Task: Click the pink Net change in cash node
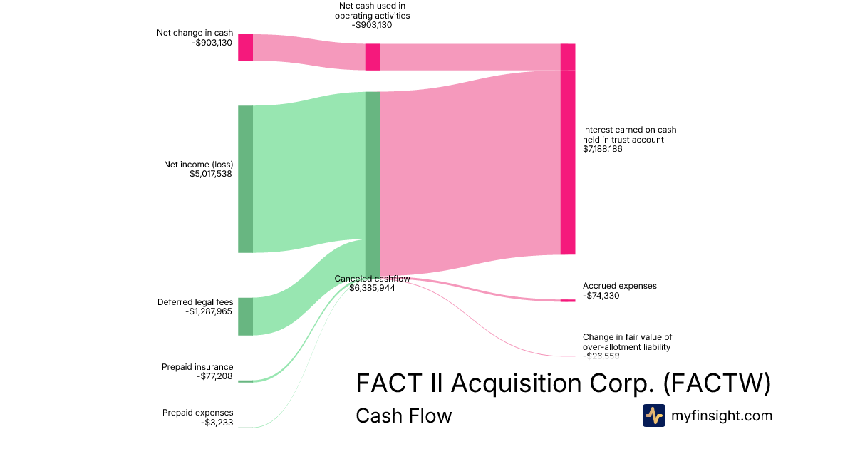pos(245,47)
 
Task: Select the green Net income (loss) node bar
pos(245,179)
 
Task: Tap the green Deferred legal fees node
pos(245,316)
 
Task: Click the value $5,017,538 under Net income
pos(211,174)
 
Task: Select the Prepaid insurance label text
pos(197,367)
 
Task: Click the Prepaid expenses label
pos(197,413)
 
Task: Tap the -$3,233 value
pos(217,423)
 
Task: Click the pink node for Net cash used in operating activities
pos(372,57)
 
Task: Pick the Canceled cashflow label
pos(372,279)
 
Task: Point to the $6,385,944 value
pos(372,288)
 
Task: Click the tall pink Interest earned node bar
pos(567,162)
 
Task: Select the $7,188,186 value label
pos(603,150)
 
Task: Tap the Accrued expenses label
pos(620,286)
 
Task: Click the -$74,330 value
pos(601,296)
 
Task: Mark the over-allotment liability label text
pos(627,347)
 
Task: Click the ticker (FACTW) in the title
pos(717,383)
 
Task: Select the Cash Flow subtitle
pos(403,416)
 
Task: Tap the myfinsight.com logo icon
pos(653,416)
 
